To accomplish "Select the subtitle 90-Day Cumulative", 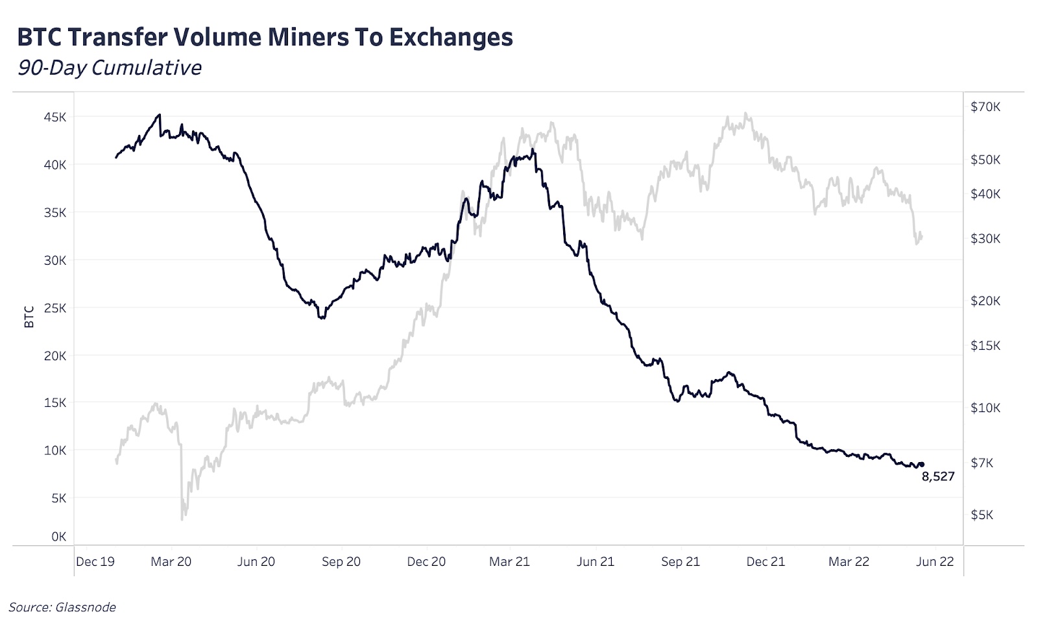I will pos(109,67).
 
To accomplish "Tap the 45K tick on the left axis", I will pos(55,117).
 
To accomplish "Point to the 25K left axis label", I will pos(55,308).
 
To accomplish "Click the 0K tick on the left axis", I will pos(59,537).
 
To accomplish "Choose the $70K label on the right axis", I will pos(985,107).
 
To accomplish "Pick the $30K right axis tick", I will pos(985,239).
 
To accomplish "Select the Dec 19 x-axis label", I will pos(95,562).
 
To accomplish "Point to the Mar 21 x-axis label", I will pos(509,562).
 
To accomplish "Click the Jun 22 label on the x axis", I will pos(934,562).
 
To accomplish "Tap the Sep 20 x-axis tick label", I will pos(341,562).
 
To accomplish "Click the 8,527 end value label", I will pos(937,477).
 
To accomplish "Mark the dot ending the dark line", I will pos(921,465).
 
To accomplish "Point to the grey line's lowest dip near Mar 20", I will pos(182,519).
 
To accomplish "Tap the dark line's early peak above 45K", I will pos(159,115).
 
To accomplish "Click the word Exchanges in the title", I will pos(451,38).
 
